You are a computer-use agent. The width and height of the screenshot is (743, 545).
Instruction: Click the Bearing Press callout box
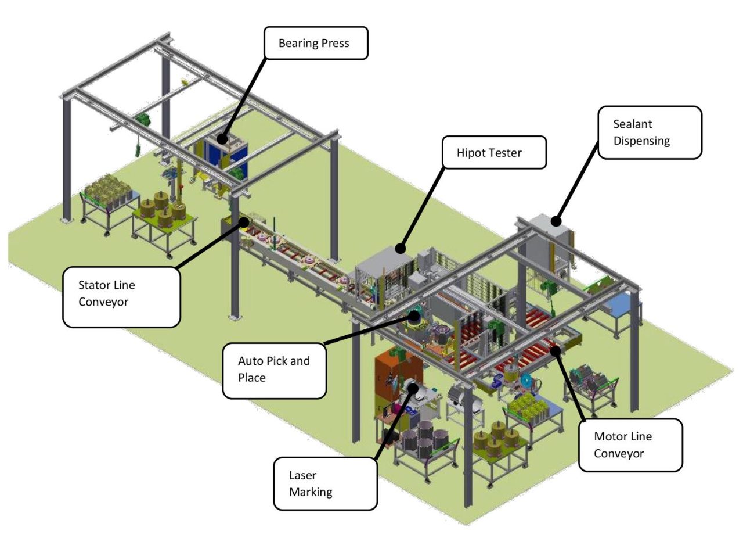316,43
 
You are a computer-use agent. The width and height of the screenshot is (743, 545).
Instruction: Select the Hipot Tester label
494,153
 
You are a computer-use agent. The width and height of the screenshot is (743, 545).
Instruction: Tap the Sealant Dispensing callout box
650,132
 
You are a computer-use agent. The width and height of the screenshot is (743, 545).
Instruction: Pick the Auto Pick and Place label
274,370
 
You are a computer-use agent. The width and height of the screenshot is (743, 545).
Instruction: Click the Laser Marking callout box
325,483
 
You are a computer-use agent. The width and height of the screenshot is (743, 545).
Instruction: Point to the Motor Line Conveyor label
630,445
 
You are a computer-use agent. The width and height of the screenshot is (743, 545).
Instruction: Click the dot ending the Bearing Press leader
223,139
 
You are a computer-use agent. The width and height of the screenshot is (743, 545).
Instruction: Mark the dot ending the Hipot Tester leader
400,249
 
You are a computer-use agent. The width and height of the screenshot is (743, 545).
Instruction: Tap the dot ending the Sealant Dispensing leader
556,221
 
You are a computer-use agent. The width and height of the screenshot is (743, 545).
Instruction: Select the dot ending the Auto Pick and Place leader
414,316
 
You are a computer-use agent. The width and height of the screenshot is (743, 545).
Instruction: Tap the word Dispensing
641,141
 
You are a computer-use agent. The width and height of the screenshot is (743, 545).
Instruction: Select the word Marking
311,492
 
